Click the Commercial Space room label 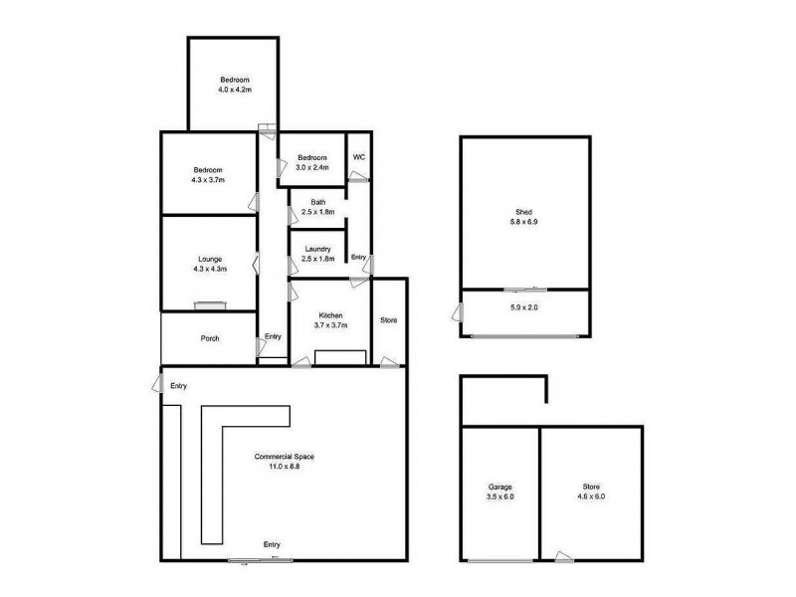tap(284, 456)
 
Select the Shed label tap(523, 210)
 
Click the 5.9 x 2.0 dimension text tap(523, 307)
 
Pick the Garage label tap(500, 487)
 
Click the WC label tap(358, 156)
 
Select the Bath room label tap(317, 203)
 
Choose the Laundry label tap(317, 249)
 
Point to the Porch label tap(209, 338)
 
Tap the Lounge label tap(210, 259)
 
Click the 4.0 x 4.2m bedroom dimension tap(235, 90)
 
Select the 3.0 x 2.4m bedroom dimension tap(311, 167)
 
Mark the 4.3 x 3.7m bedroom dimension tap(209, 180)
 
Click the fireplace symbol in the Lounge tap(210, 305)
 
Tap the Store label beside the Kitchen tap(388, 320)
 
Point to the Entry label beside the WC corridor tap(359, 258)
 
